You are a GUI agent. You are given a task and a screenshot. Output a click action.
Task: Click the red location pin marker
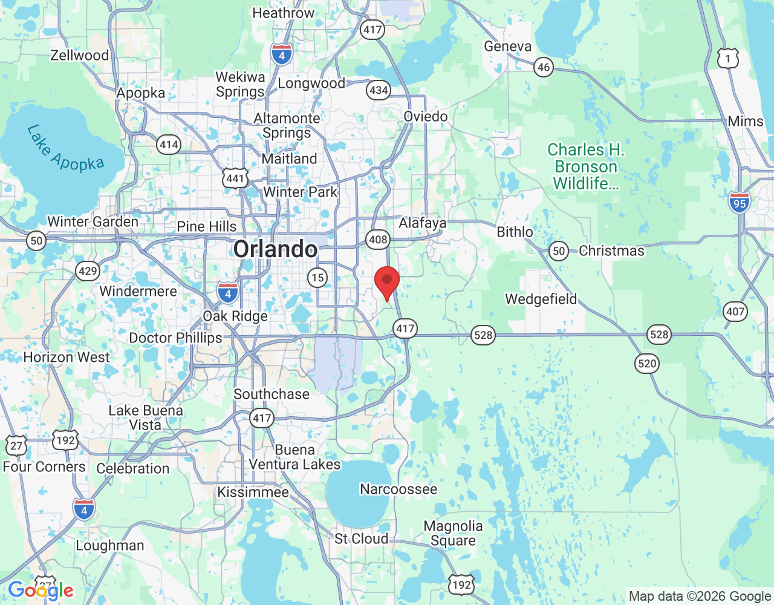pos(387,281)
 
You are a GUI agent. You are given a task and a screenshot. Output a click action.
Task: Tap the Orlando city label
pos(275,249)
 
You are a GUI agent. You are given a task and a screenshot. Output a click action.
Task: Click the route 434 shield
pos(379,91)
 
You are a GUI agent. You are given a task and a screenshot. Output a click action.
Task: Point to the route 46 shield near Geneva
pos(544,67)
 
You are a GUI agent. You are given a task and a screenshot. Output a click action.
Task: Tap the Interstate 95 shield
pos(740,202)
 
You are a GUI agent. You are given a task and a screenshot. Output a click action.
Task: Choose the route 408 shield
pos(378,240)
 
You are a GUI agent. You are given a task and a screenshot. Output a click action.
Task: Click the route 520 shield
pos(647,364)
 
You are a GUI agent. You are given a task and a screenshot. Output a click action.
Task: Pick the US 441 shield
pos(235,178)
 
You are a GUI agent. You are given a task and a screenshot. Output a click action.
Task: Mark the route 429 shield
pos(88,270)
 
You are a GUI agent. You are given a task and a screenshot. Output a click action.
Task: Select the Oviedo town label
pos(426,116)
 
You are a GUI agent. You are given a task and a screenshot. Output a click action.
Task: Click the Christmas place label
pos(611,250)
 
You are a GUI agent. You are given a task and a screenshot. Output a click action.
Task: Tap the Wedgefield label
pos(541,299)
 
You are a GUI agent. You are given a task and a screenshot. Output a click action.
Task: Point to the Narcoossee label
pos(398,489)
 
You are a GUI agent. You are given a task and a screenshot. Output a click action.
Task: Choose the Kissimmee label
pos(253,492)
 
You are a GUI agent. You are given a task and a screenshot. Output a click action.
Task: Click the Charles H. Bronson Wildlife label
pos(586,166)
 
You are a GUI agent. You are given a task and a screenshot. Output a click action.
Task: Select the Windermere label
pos(138,291)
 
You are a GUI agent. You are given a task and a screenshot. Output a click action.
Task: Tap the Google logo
pos(41,590)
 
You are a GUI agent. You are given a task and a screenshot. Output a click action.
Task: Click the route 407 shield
pos(735,312)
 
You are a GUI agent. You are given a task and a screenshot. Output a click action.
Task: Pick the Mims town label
pos(746,121)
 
